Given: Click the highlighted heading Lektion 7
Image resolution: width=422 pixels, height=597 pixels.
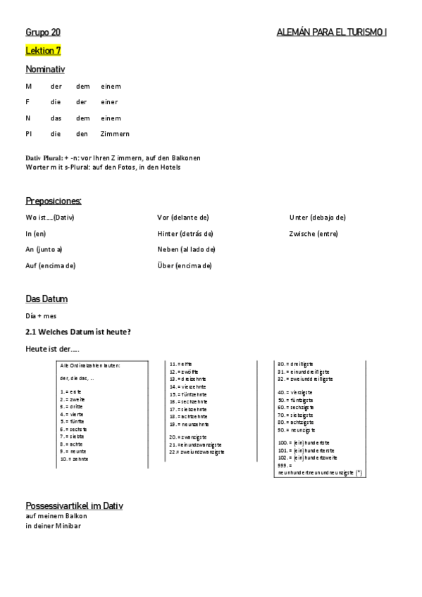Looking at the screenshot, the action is click(43, 51).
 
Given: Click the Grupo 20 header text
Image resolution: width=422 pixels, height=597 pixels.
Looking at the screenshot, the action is click(43, 32).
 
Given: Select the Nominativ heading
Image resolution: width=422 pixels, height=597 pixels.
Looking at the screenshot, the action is click(45, 69).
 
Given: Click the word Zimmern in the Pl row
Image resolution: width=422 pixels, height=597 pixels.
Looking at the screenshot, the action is click(115, 134).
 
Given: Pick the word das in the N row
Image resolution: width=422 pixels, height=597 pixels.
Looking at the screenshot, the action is click(56, 118).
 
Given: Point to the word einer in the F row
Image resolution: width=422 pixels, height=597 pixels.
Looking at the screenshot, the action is click(109, 102).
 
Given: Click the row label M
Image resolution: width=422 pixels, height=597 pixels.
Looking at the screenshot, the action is click(28, 87).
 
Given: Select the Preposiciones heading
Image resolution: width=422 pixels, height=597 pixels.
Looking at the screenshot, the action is click(54, 201).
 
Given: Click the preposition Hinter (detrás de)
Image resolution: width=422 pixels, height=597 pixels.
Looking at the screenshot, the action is click(185, 233).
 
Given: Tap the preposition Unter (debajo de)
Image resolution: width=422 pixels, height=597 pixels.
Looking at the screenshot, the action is click(317, 218).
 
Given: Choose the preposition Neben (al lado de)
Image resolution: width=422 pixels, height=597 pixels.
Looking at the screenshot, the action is click(186, 249).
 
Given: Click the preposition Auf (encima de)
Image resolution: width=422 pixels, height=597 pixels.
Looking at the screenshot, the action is click(50, 265).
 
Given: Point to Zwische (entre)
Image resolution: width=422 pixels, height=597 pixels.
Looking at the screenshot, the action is click(313, 233).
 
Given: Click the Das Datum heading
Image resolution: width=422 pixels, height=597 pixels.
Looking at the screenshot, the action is click(46, 299).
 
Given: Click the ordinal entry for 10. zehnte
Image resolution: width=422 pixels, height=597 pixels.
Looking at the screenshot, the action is click(75, 458).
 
